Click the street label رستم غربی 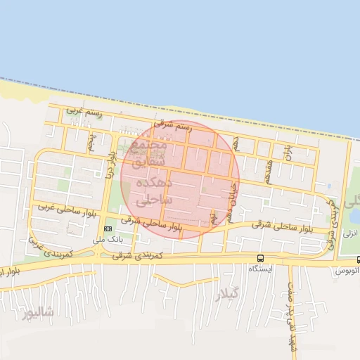click(x=84, y=110)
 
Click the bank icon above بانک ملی click(x=108, y=229)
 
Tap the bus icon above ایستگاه click(x=260, y=258)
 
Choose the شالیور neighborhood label click(x=37, y=314)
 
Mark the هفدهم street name click(x=267, y=170)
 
